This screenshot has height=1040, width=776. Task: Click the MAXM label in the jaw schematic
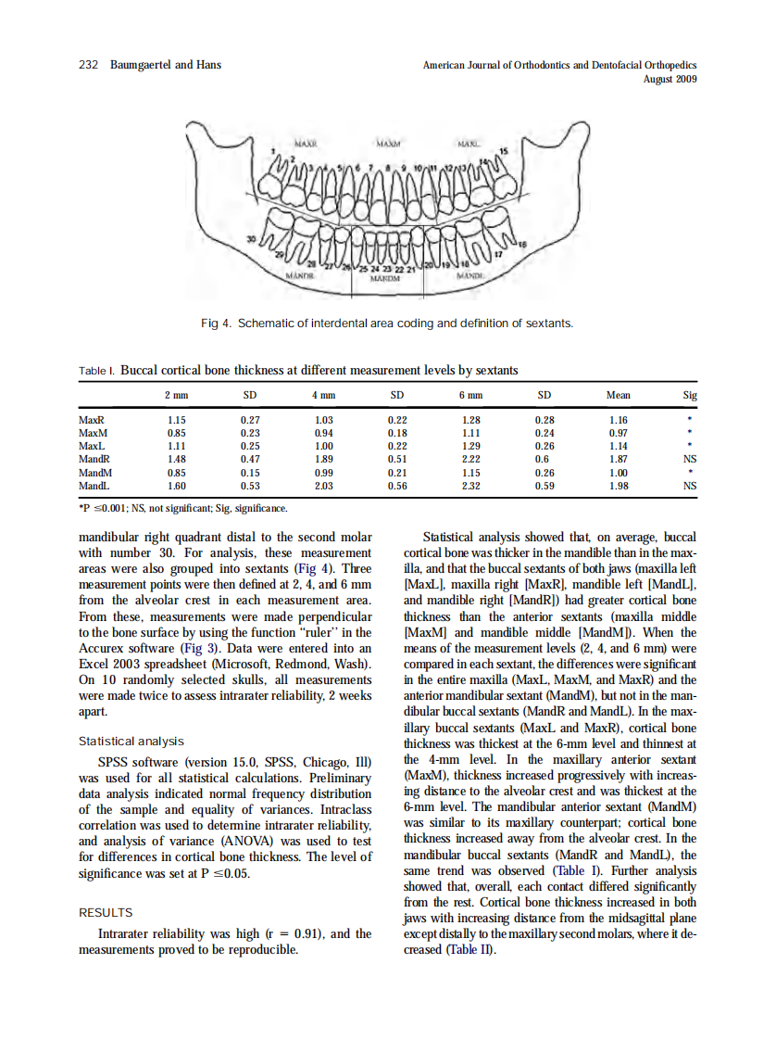click(388, 145)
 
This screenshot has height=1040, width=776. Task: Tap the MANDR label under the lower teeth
click(301, 275)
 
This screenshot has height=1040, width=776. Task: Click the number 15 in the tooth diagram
click(504, 150)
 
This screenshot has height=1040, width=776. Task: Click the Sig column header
click(689, 395)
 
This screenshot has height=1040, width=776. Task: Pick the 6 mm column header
click(470, 395)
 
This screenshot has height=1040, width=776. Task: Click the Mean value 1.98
click(619, 485)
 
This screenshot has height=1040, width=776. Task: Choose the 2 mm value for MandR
click(176, 459)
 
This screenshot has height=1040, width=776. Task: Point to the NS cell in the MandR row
click(689, 459)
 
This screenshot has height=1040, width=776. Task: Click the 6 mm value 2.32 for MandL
click(470, 485)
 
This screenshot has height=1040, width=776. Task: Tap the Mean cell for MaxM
click(619, 433)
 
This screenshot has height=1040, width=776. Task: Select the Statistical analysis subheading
click(131, 741)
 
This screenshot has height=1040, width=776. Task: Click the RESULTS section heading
click(106, 913)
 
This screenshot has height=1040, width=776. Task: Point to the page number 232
click(88, 65)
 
